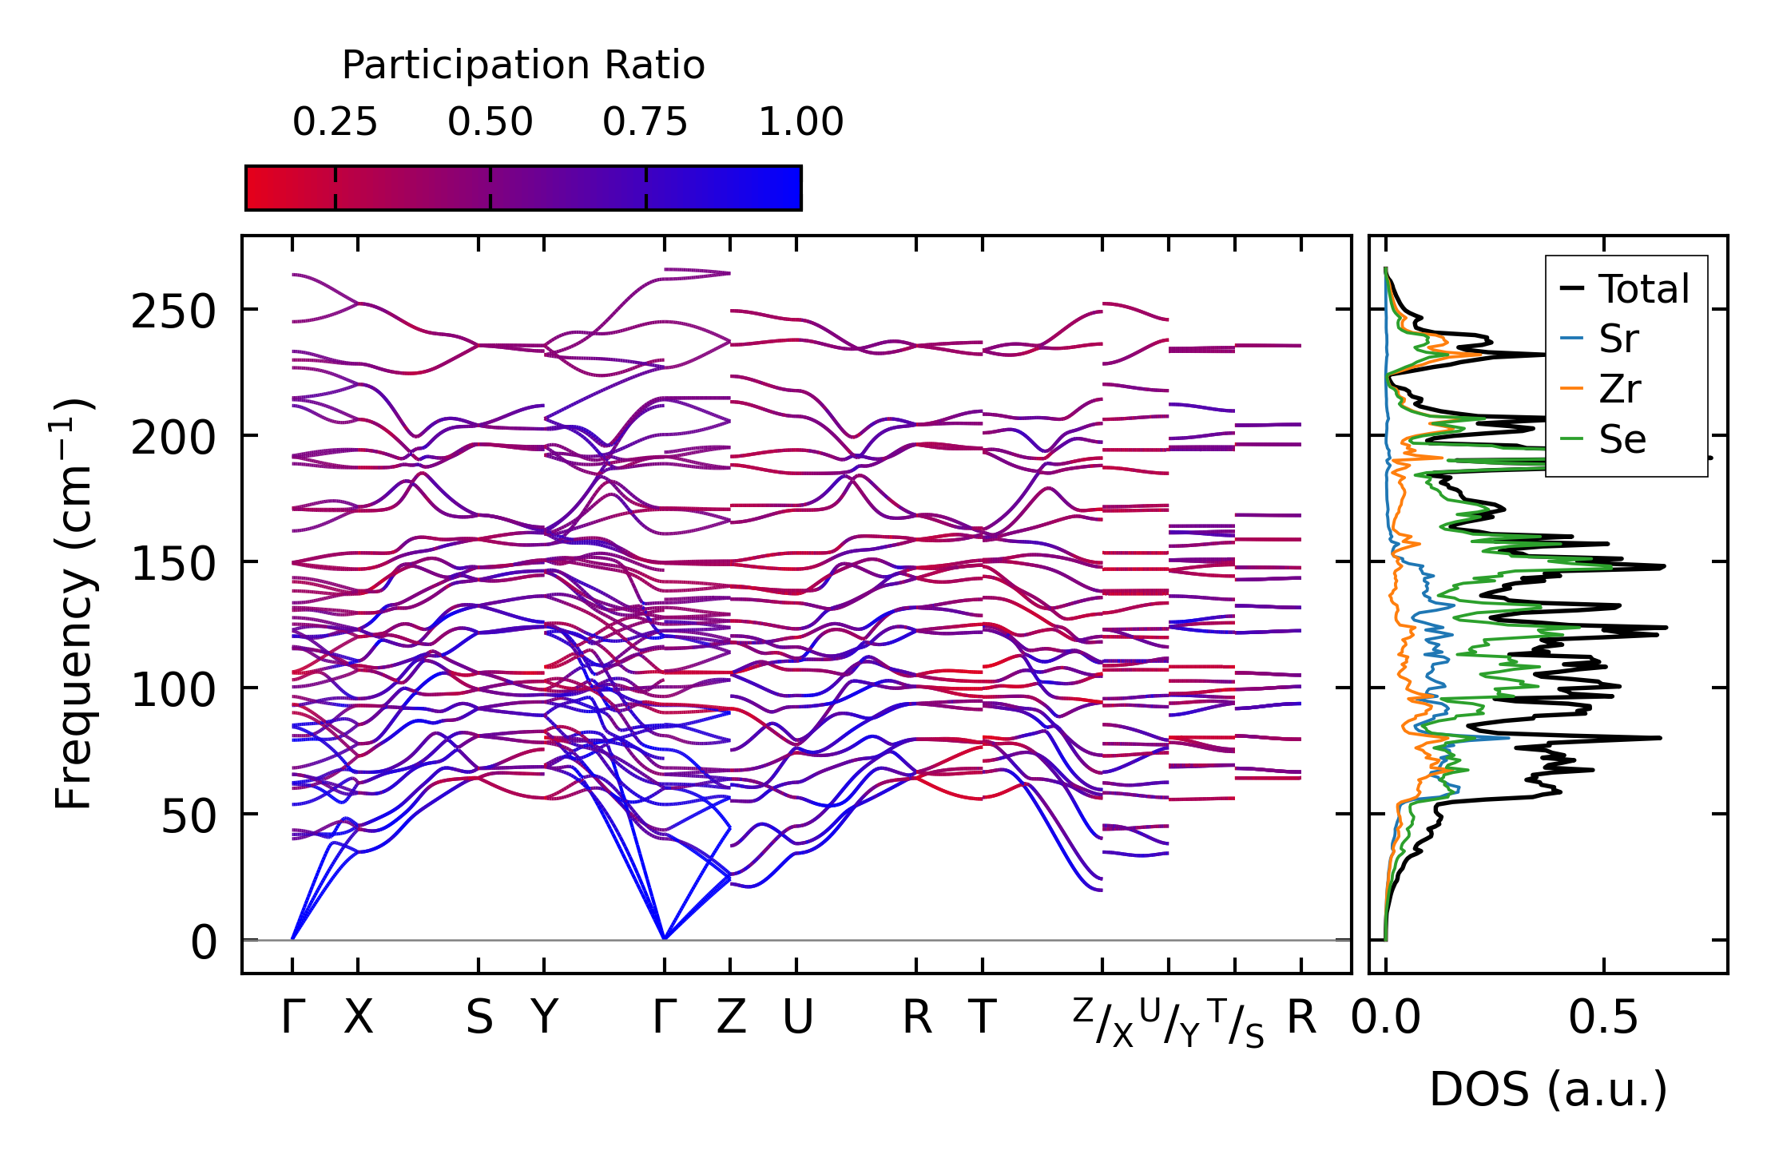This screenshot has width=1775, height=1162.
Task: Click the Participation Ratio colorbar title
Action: (523, 65)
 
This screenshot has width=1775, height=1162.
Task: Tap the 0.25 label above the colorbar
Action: (335, 123)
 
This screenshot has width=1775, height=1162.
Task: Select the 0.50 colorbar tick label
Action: (490, 123)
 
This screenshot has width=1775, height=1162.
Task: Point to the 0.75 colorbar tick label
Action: (645, 123)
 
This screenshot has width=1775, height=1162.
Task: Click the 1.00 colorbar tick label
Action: (800, 123)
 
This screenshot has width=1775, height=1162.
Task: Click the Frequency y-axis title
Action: (73, 604)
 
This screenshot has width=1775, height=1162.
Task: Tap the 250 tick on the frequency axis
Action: (173, 311)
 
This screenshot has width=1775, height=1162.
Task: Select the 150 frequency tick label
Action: (173, 564)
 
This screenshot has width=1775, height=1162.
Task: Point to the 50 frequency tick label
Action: (189, 816)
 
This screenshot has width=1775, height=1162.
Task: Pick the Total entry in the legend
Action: (1644, 289)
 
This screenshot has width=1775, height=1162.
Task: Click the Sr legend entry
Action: (1618, 339)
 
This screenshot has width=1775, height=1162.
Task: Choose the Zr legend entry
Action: (1619, 390)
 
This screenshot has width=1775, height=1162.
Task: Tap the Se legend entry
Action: (1622, 439)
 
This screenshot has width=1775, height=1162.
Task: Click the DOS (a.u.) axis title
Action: (1548, 1090)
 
